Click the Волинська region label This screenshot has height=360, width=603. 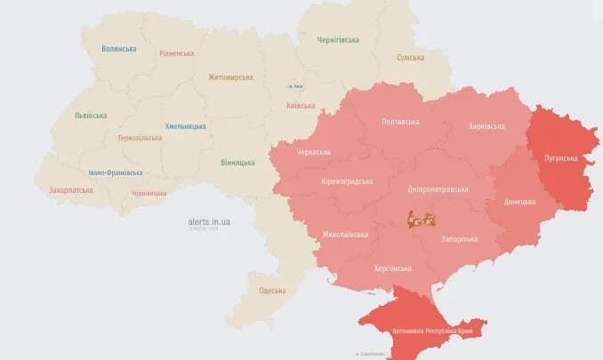[x=119, y=49]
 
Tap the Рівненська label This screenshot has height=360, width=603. [x=176, y=53]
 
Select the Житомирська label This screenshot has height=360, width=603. [x=230, y=77]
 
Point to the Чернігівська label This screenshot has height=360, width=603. [x=338, y=40]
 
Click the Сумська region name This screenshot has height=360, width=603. [x=410, y=58]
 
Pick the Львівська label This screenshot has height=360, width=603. [x=91, y=116]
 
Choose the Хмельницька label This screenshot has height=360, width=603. [x=186, y=127]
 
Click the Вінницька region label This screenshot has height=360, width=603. [x=237, y=163]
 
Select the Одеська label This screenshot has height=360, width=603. [x=272, y=291]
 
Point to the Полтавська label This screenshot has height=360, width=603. [x=400, y=121]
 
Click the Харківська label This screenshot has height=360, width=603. [x=486, y=127]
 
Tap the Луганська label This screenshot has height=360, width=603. [x=560, y=157]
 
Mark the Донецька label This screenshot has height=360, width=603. [x=519, y=202]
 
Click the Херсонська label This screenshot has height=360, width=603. [x=393, y=268]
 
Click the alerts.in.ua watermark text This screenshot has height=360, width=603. [x=209, y=221]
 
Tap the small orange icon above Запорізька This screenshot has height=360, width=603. [x=419, y=218]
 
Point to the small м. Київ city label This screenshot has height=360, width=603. [x=296, y=86]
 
